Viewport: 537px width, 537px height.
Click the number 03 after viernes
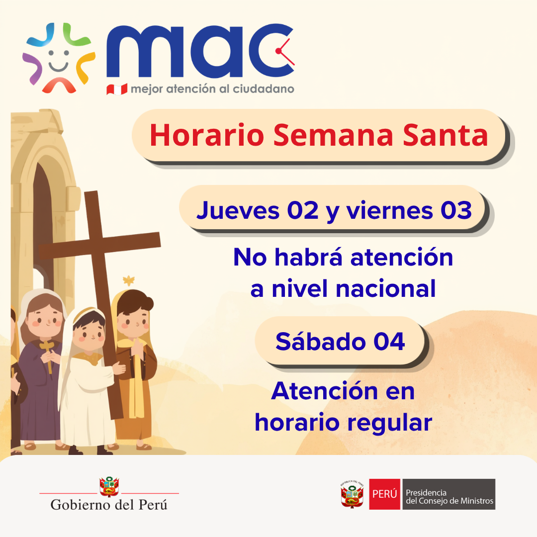[455, 210]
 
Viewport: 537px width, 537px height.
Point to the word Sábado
[320, 342]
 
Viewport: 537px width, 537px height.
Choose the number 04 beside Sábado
[389, 342]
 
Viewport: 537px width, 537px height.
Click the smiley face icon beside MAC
[59, 59]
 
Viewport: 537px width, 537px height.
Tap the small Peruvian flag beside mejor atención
[117, 89]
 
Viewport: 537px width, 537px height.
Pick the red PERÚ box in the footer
[384, 494]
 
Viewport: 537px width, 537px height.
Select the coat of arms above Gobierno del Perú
[109, 487]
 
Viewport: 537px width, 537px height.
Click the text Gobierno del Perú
[109, 505]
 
